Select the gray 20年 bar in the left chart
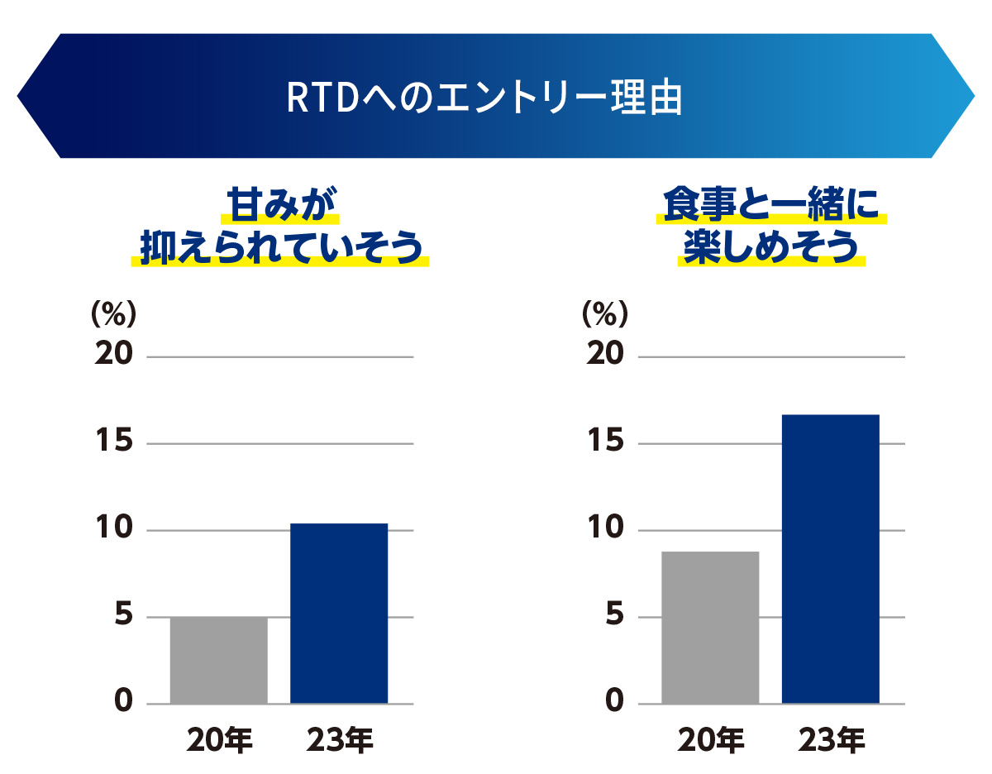218,660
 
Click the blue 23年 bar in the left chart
339,613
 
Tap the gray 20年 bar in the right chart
710,627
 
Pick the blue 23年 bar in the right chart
830,558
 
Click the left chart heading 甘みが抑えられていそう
281,226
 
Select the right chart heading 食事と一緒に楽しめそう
771,226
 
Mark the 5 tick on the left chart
123,615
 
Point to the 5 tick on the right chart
616,615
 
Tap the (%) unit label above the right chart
605,314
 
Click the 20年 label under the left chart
219,740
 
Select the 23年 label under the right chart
831,740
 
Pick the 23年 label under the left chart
339,740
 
